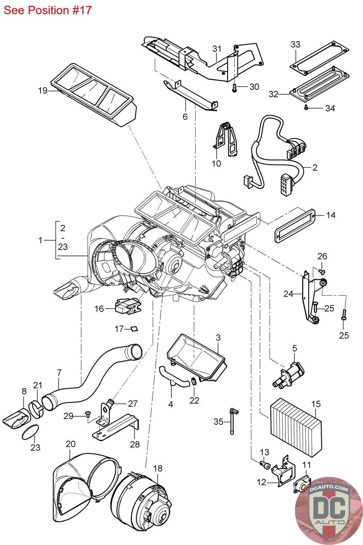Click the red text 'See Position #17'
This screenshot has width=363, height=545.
tap(48, 10)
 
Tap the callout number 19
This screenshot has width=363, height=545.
tap(43, 91)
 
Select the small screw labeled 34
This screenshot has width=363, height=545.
tap(306, 108)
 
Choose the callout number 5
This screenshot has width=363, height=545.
tap(294, 348)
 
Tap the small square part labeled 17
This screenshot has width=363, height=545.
tap(134, 329)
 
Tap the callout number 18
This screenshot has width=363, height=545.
tap(158, 468)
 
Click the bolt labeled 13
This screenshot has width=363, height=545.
tap(264, 465)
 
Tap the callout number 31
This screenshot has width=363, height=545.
tap(217, 49)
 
